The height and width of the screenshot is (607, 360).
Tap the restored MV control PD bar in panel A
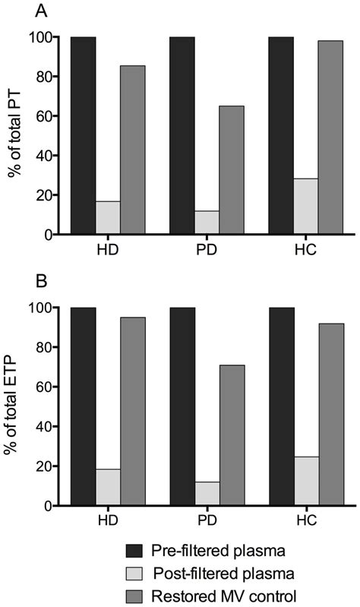tap(232, 170)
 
